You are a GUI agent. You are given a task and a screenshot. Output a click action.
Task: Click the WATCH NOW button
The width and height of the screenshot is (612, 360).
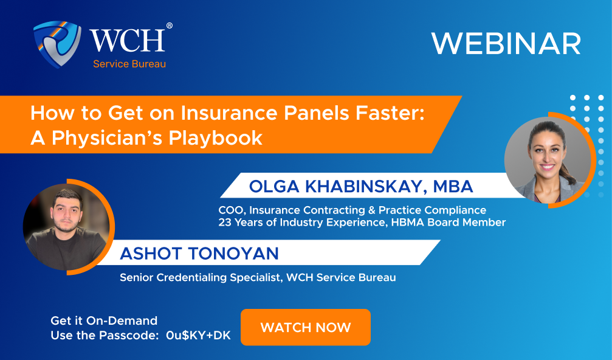[x=306, y=328]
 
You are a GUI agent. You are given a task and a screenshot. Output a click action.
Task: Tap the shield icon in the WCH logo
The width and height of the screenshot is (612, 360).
[x=57, y=44]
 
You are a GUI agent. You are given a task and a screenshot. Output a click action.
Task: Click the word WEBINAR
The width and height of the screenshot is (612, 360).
[x=506, y=44]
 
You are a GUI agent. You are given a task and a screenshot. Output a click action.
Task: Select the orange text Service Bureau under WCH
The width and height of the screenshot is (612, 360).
[x=129, y=64]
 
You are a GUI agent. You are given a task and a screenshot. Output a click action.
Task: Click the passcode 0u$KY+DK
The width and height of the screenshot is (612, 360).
[x=198, y=335]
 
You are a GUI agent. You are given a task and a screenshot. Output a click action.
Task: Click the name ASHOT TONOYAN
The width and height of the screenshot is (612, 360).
[x=201, y=252]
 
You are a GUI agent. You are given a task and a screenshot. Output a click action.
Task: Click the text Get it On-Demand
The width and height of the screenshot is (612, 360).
[x=104, y=320]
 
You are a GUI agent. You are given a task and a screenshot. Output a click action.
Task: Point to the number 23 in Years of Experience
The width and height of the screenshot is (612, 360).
[x=225, y=223]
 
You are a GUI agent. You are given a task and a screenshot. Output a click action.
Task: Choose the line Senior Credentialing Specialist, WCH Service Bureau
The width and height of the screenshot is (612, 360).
[x=258, y=277]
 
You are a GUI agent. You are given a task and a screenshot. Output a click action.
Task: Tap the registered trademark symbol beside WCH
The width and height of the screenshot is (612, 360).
[x=169, y=26]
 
